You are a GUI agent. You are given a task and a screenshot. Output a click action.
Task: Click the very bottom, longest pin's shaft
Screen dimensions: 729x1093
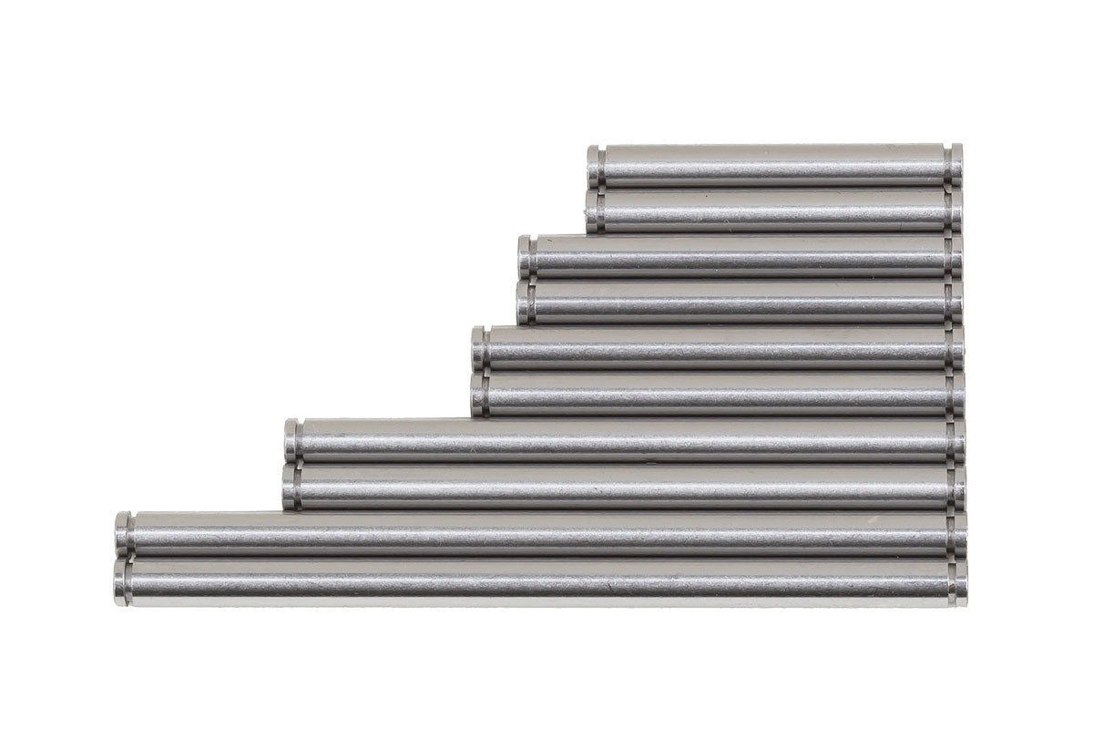pyautogui.click(x=546, y=581)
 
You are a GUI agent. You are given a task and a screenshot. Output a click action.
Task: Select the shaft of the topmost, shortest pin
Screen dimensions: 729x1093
pyautogui.click(x=774, y=166)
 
